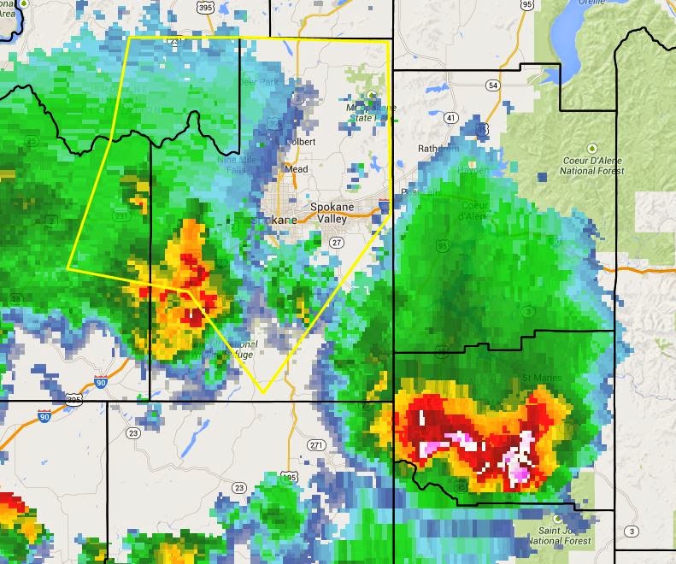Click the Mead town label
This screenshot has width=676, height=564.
[x=296, y=169]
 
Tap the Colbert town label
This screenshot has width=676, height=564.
[x=301, y=142]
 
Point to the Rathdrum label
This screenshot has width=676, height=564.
[x=438, y=148]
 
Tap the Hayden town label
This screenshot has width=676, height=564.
[x=474, y=169]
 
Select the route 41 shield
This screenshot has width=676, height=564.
[x=450, y=116]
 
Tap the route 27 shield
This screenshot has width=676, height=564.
[x=337, y=243]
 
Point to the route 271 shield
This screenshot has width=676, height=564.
[x=316, y=445]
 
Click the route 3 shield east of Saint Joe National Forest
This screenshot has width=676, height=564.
[x=631, y=532]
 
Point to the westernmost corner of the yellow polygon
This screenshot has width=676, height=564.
[x=68, y=268]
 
